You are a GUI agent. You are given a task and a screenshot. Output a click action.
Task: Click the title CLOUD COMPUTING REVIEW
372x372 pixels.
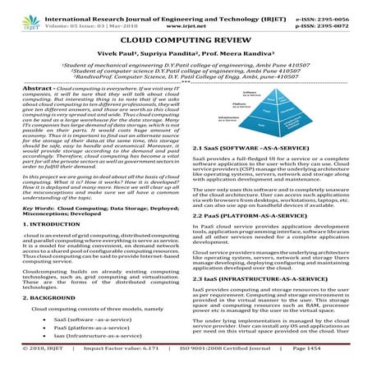point(186,38)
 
